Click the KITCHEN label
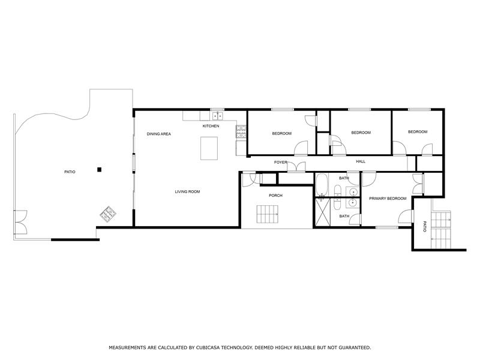point(211,126)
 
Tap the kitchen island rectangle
point(209,148)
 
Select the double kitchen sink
point(217,115)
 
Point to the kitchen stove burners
point(241,130)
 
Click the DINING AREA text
point(159,134)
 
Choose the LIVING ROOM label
point(187,192)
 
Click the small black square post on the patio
point(100,170)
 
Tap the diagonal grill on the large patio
point(109,212)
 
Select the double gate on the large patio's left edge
point(20,223)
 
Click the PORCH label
point(275,196)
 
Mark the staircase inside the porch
point(268,214)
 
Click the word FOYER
point(281,162)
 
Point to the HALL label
point(361,161)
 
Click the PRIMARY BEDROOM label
point(388,199)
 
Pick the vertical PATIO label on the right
point(425,227)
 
